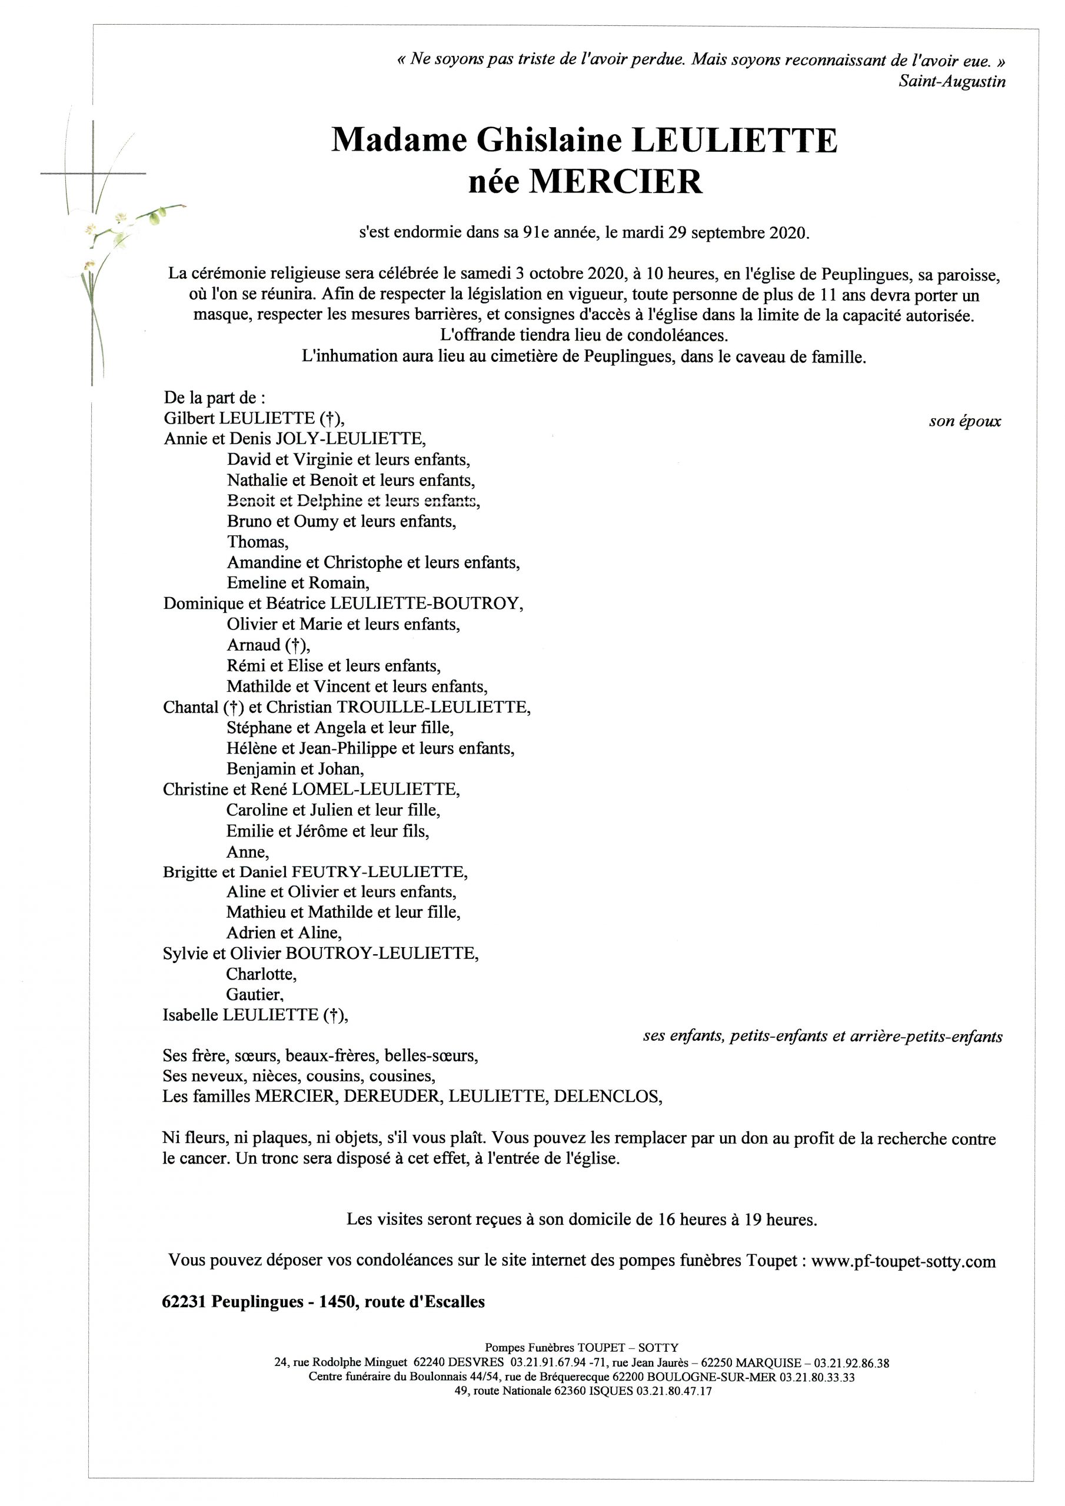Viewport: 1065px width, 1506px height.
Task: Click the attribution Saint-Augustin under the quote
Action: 952,81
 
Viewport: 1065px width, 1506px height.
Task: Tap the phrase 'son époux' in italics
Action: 964,421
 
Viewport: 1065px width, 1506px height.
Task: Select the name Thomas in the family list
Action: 257,542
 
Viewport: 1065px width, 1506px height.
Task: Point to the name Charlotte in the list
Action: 261,974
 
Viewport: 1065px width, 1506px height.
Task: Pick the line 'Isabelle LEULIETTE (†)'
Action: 255,1015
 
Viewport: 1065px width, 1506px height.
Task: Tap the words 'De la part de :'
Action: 215,398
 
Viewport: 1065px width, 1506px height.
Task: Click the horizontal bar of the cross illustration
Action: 93,173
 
